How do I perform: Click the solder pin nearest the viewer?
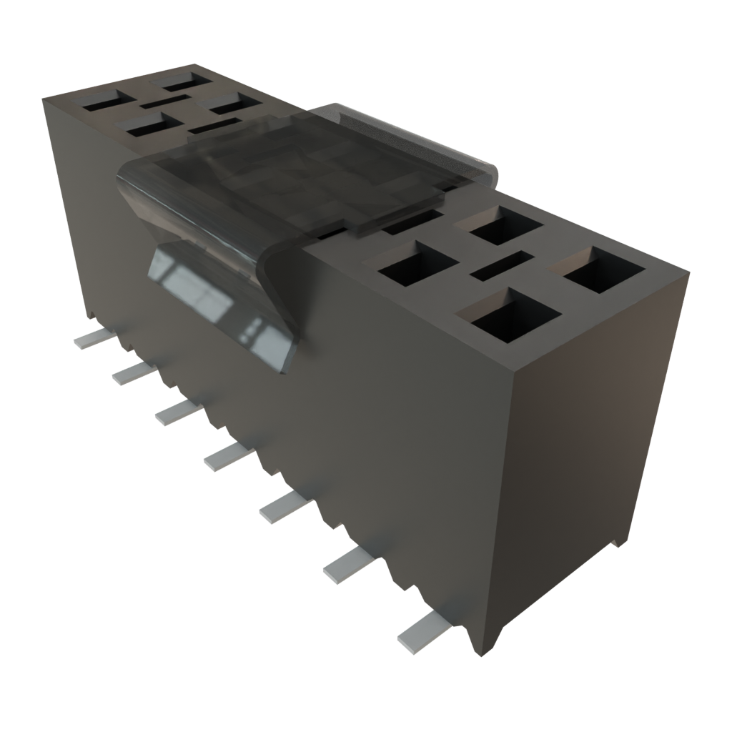coord(423,631)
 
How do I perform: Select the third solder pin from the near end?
coord(284,505)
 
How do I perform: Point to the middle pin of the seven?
coord(227,455)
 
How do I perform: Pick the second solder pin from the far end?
coord(132,371)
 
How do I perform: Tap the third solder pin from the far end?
coord(175,412)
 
